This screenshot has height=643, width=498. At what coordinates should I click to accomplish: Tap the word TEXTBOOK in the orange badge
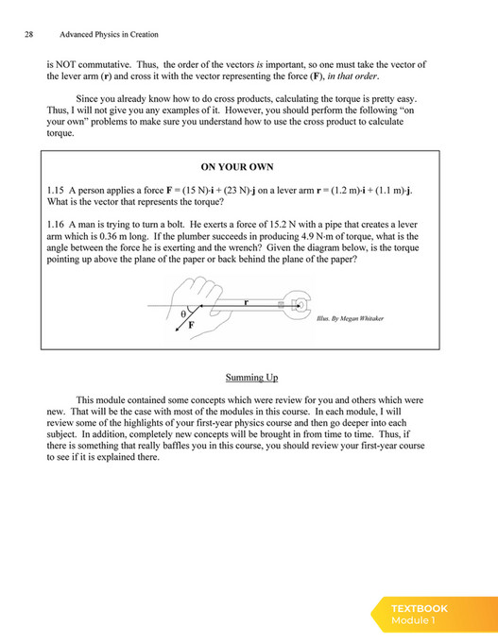(420, 608)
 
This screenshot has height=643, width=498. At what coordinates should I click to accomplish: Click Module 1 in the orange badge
(413, 620)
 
